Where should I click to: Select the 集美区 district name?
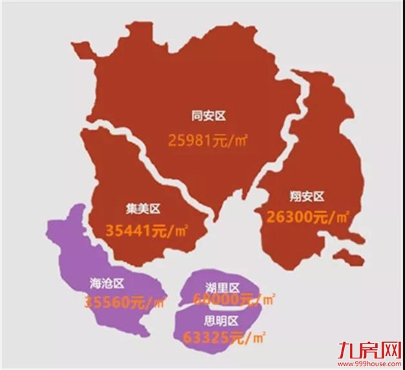click(x=143, y=208)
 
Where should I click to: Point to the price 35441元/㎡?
click(x=144, y=229)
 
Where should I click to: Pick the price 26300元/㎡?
click(x=307, y=218)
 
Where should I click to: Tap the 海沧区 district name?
click(x=107, y=283)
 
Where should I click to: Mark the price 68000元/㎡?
click(x=234, y=299)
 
